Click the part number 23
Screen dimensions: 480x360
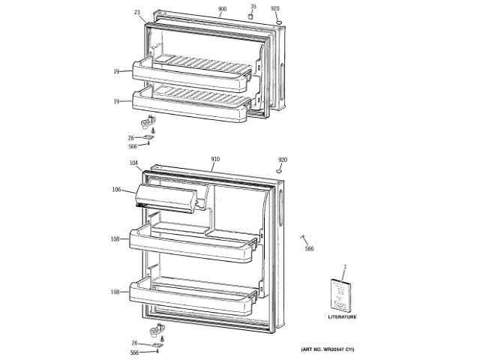tap(137, 12)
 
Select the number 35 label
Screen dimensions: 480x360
tap(253, 7)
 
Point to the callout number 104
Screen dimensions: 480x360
tap(133, 163)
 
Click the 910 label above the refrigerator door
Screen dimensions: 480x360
tap(215, 160)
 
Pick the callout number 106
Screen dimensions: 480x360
tap(116, 189)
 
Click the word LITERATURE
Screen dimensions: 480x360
tap(342, 316)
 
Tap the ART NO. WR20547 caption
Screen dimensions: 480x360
tap(327, 349)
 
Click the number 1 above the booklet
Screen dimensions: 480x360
tap(344, 268)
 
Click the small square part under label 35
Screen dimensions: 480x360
tap(252, 16)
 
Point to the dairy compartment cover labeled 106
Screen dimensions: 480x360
tap(166, 198)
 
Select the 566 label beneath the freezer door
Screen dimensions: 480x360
tap(133, 146)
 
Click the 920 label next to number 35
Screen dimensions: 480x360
tap(275, 8)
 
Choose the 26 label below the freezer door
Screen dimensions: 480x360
tap(130, 137)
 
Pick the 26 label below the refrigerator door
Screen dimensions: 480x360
tap(134, 343)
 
